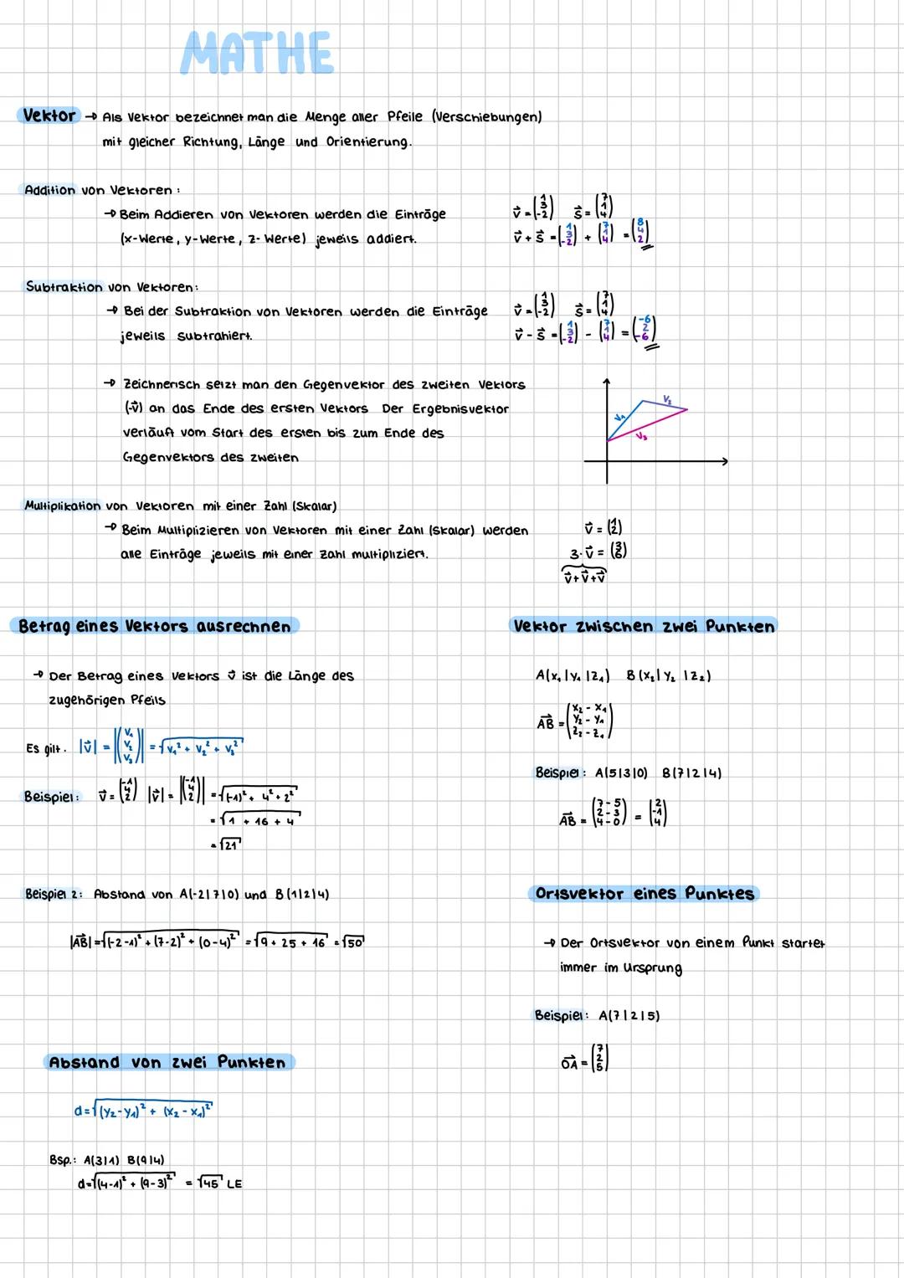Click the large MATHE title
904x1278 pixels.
[257, 54]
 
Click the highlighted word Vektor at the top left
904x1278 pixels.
[49, 115]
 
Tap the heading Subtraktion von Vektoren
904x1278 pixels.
[111, 287]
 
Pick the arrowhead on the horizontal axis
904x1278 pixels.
[724, 460]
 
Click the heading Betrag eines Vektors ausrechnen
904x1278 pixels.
[155, 626]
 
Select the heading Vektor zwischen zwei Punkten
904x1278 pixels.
[644, 626]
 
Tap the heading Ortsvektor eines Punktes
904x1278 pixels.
[644, 894]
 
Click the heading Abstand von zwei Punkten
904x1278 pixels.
[167, 1062]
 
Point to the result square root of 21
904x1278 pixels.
[227, 845]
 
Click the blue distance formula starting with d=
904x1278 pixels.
[143, 1111]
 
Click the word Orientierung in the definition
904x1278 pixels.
[368, 142]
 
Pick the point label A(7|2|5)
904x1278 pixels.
[629, 1016]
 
